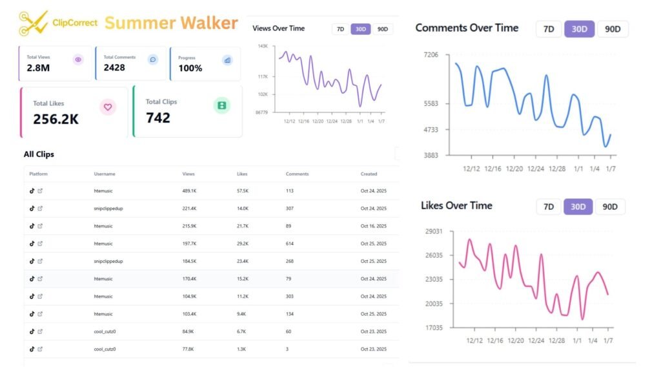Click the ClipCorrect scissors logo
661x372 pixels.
tap(34, 23)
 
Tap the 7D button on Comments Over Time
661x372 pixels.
tap(549, 29)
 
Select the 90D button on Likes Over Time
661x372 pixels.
tap(610, 207)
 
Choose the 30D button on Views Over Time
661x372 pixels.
tap(360, 29)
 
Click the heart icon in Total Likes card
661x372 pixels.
tap(108, 107)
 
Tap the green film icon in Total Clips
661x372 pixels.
tap(222, 105)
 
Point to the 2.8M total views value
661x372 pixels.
tap(39, 68)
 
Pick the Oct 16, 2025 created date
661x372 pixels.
tap(373, 226)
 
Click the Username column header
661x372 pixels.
tap(105, 174)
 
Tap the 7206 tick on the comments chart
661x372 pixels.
tap(430, 56)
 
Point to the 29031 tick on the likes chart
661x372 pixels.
tap(433, 231)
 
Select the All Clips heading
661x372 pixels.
tap(39, 154)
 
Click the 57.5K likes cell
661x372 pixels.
tap(243, 191)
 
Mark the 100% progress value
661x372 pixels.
tap(190, 68)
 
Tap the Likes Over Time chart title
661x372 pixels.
tap(456, 205)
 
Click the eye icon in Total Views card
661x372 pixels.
tap(78, 59)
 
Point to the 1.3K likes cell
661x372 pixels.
tap(241, 349)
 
